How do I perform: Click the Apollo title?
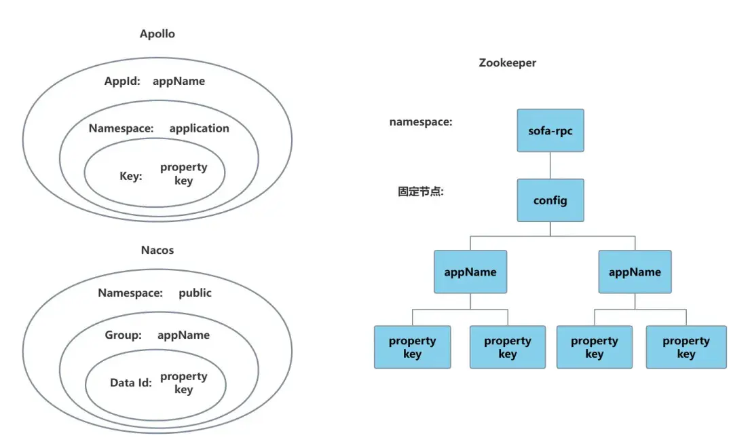[157, 34]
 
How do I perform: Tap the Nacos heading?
[157, 250]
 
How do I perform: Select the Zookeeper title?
[507, 62]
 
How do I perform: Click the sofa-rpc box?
[550, 130]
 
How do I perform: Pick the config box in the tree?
[550, 200]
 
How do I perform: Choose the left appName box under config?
[470, 272]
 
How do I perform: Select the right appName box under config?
[635, 272]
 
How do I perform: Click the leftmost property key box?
[412, 347]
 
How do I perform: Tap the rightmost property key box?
[685, 347]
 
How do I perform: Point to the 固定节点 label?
[420, 191]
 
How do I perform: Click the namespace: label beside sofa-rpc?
[421, 122]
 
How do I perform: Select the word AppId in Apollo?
[121, 81]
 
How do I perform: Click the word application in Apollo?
[199, 128]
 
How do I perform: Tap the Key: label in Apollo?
[131, 176]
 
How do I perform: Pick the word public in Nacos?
[195, 293]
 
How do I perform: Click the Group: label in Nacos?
[123, 335]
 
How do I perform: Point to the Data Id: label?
[130, 383]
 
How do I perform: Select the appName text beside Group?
[183, 335]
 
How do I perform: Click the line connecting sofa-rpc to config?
[550, 166]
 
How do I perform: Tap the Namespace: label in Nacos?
[130, 293]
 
